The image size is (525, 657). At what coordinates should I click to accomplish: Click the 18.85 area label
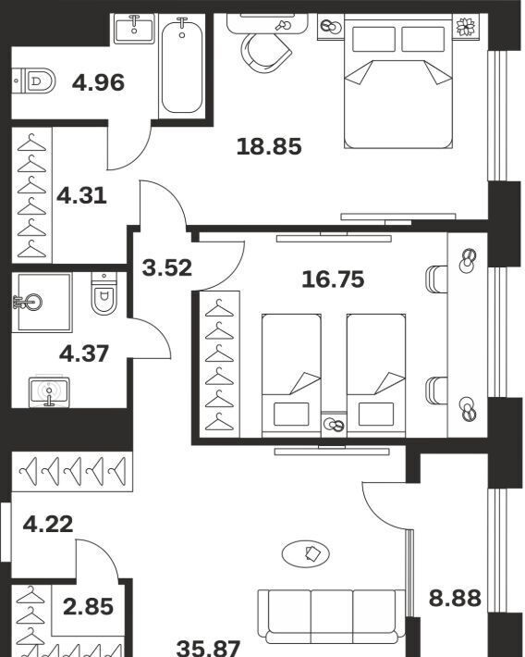269,146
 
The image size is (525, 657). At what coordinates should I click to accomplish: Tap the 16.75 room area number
333,279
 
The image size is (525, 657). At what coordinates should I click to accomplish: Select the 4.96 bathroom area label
98,82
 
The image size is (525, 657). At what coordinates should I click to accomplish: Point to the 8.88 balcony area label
455,598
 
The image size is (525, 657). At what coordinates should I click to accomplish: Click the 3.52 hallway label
167,267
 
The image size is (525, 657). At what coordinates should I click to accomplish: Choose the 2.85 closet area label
89,606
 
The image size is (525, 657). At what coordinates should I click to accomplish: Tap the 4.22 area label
48,524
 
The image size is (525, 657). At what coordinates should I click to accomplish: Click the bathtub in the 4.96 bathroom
182,65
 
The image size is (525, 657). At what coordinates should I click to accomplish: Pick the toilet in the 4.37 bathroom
104,293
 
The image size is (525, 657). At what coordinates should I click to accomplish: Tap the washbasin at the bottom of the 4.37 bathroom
49,391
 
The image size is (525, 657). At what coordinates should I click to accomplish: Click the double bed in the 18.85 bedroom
398,81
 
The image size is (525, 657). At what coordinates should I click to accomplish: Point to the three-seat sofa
331,616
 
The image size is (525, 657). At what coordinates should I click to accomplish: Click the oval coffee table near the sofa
306,554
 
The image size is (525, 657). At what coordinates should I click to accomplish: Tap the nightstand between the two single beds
334,424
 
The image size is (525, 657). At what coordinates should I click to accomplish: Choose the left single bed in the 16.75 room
291,375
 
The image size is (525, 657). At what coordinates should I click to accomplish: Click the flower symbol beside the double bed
465,27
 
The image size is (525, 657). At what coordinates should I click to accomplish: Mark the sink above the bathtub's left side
134,28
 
